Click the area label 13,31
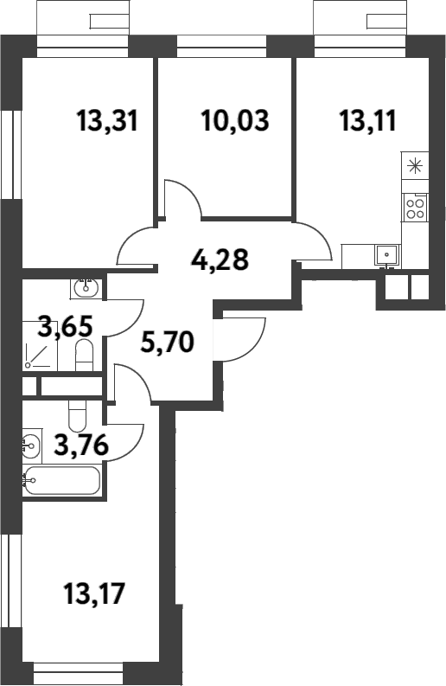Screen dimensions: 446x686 (107, 121)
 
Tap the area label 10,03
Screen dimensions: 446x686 (235, 121)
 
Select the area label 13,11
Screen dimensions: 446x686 (367, 121)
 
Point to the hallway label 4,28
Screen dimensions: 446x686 (220, 259)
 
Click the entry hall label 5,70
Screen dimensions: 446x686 (167, 342)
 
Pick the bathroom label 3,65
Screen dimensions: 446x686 (66, 326)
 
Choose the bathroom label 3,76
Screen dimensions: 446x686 (81, 446)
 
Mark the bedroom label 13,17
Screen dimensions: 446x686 (94, 593)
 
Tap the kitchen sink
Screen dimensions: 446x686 (386, 255)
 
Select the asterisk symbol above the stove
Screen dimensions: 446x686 (415, 166)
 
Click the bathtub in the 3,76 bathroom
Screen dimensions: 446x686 (61, 480)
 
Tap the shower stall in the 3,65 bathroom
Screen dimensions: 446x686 (40, 346)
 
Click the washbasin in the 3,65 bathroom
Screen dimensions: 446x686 (86, 286)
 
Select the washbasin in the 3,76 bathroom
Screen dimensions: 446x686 (31, 446)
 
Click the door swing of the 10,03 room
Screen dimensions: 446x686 (182, 198)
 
